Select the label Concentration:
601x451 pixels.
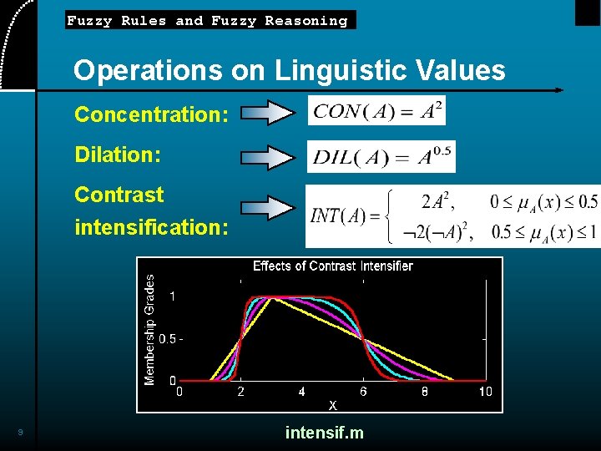click(151, 114)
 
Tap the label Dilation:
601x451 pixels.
click(118, 155)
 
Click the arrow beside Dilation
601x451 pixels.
click(267, 156)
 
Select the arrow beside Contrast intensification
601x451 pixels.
click(267, 209)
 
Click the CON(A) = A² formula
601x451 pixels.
click(376, 110)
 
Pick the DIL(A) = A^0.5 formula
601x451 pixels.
click(381, 156)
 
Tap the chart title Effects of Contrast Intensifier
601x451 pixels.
click(332, 266)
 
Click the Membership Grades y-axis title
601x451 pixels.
click(150, 330)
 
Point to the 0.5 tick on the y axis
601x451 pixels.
click(167, 339)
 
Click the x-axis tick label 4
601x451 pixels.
click(301, 391)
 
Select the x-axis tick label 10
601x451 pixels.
click(485, 391)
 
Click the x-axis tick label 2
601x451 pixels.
click(240, 391)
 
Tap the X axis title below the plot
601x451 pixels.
click(332, 405)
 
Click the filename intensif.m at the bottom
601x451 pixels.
click(324, 433)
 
